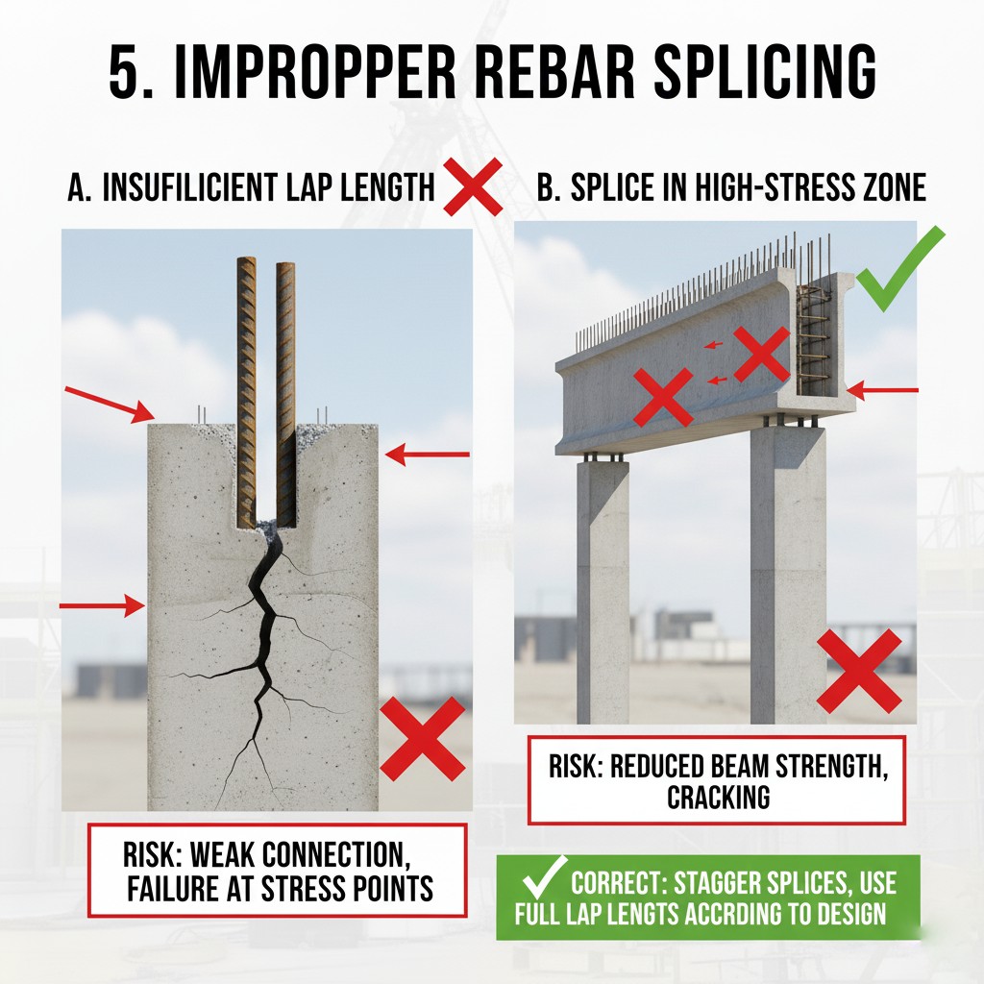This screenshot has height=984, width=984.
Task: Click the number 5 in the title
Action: click(128, 71)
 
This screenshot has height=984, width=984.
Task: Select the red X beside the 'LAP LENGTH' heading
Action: click(473, 187)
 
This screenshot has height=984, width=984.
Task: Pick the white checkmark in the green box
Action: click(544, 876)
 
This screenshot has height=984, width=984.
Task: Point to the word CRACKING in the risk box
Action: click(718, 797)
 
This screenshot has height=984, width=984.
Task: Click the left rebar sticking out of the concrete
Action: click(247, 392)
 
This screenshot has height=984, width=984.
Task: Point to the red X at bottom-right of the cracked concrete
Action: click(423, 739)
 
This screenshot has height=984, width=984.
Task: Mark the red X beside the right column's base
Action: click(859, 672)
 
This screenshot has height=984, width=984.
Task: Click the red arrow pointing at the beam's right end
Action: click(882, 390)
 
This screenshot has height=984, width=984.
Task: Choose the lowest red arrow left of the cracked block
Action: click(102, 605)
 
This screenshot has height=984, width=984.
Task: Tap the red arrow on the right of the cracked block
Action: click(428, 454)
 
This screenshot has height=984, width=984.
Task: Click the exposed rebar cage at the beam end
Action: click(814, 339)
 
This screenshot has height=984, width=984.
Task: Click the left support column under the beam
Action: click(602, 590)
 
